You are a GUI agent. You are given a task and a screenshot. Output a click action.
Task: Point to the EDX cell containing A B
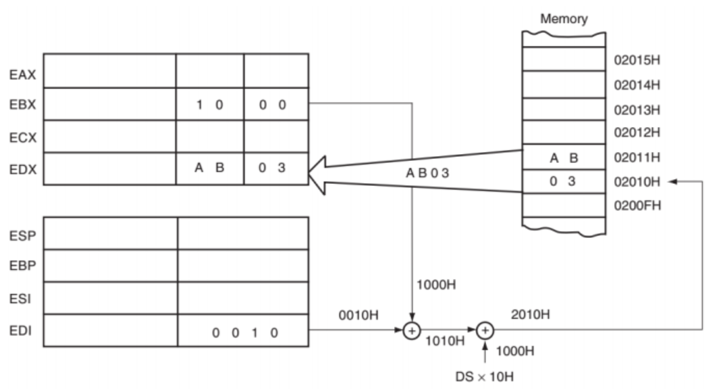(210, 168)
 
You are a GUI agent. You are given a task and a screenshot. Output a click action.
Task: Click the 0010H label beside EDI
(358, 316)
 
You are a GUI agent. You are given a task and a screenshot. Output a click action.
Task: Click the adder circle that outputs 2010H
(485, 330)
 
